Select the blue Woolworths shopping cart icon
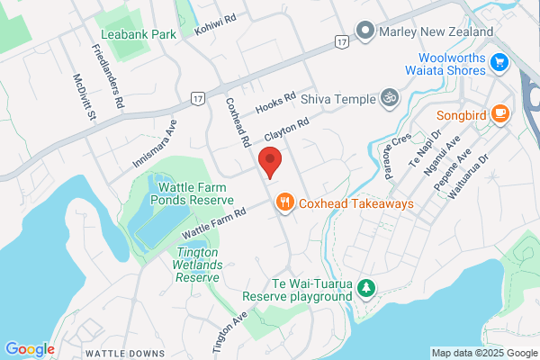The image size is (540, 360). pos(501,62)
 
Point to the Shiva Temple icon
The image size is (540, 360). pos(389,96)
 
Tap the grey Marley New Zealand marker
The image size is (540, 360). pos(365,31)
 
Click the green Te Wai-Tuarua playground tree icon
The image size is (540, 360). pos(366,288)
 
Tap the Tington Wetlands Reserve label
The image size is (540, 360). pos(197,266)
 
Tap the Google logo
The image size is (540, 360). pos(30,349)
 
